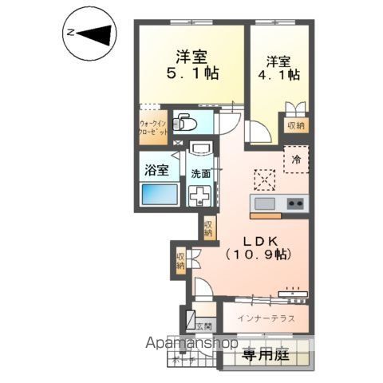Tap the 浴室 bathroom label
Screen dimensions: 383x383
pos(156,170)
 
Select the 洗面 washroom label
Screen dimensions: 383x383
pos(200,173)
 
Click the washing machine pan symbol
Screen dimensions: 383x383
pos(199,195)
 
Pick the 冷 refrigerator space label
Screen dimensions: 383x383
pos(296,160)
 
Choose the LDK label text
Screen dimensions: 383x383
pos(259,239)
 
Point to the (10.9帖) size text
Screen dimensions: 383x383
pos(259,255)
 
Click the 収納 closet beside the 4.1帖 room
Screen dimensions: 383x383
pos(296,125)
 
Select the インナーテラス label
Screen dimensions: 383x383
pos(266,318)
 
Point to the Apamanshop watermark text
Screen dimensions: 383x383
pos(192,344)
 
